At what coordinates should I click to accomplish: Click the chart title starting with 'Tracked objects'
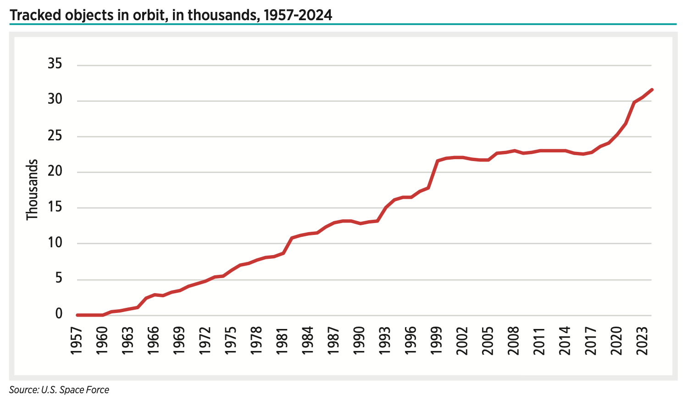coord(171,15)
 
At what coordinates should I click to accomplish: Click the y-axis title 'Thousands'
coord(32,189)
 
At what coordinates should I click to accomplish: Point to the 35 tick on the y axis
coord(55,64)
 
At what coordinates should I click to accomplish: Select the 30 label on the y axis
coord(55,100)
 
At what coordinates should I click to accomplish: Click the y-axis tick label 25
coord(55,136)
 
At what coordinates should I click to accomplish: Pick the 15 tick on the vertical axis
coord(55,207)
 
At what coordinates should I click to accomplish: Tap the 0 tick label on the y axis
coord(59,314)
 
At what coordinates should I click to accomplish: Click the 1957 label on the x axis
coord(76,340)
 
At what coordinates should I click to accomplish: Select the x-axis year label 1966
coord(153,340)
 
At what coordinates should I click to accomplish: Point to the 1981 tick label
coord(282,340)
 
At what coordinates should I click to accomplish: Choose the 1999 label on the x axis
coord(436,340)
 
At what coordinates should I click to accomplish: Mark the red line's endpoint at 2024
coord(651,90)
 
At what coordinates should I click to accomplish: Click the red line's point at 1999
coord(437,161)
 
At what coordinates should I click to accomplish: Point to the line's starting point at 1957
coord(77,315)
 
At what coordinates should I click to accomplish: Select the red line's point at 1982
coord(291,238)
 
